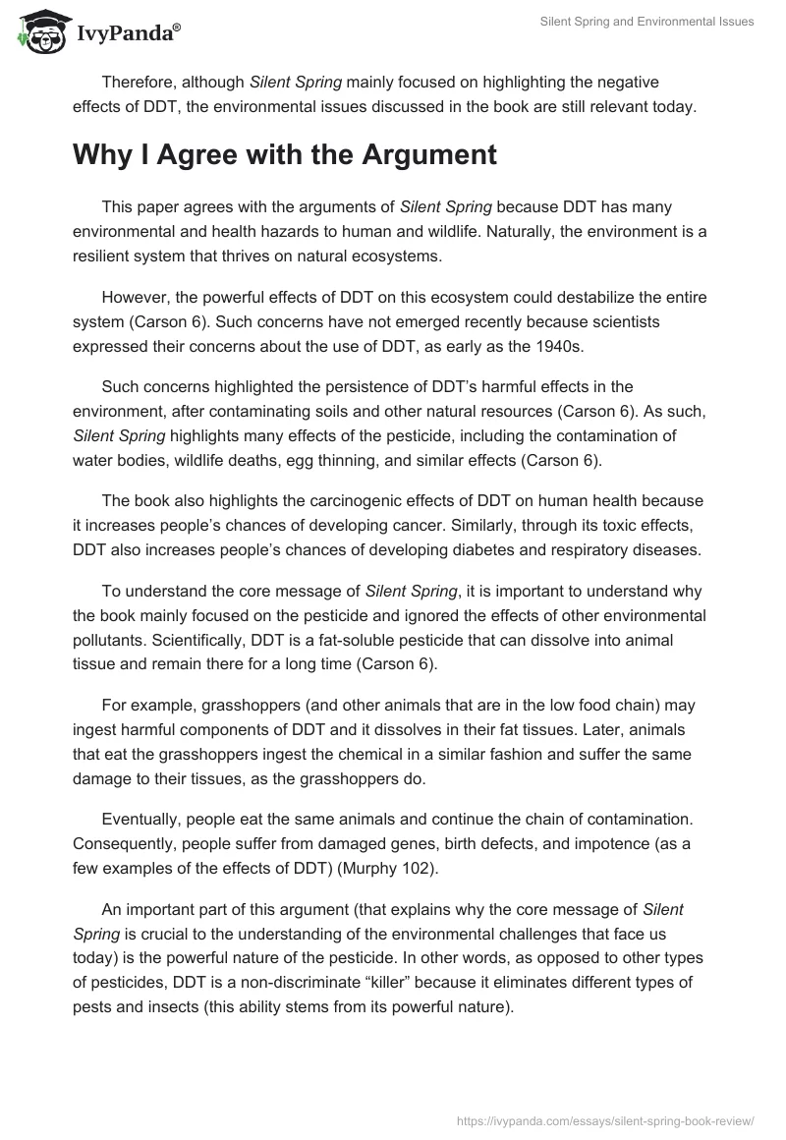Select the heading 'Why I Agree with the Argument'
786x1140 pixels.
(285, 155)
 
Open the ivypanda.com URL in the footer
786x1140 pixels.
(607, 1119)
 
